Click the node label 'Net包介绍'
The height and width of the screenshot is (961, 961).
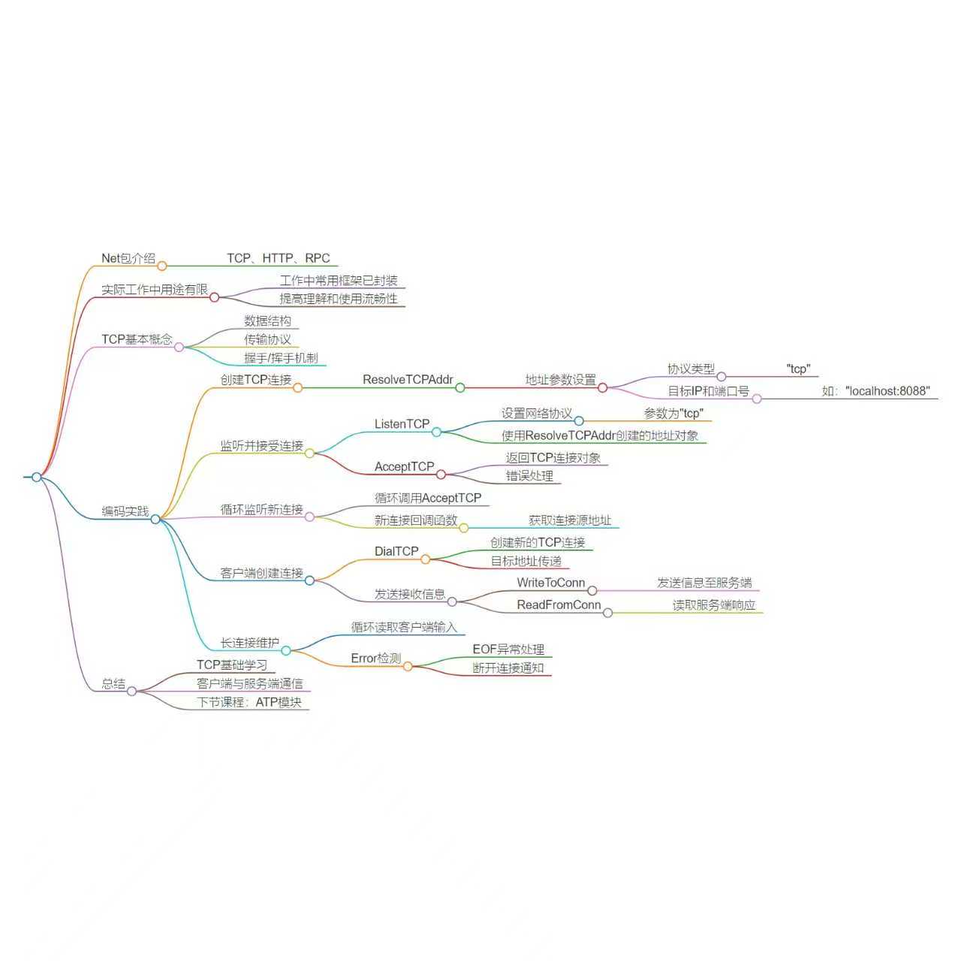pyautogui.click(x=128, y=258)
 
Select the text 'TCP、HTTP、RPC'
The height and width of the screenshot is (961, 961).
pyautogui.click(x=279, y=258)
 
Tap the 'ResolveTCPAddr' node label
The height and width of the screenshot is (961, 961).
pyautogui.click(x=408, y=380)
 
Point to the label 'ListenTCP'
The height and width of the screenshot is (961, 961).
pyautogui.click(x=402, y=424)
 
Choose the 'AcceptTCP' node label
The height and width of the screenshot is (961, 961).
pyautogui.click(x=404, y=467)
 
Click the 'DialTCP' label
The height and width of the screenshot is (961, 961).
pyautogui.click(x=396, y=552)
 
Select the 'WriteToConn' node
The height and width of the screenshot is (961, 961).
pyautogui.click(x=550, y=583)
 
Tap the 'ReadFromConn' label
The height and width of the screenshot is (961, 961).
pyautogui.click(x=559, y=605)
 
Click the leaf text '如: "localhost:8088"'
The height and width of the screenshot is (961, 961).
pyautogui.click(x=875, y=391)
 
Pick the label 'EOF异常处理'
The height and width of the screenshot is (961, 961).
pyautogui.click(x=508, y=649)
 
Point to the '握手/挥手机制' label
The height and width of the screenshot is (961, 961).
pyautogui.click(x=281, y=358)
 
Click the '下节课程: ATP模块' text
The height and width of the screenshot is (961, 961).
pyautogui.click(x=249, y=703)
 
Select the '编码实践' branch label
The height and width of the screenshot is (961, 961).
pyautogui.click(x=125, y=512)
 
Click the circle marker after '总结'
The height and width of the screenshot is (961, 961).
pyautogui.click(x=131, y=691)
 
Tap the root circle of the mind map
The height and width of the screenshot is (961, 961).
pyautogui.click(x=36, y=477)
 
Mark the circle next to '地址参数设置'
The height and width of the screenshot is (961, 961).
pyautogui.click(x=602, y=388)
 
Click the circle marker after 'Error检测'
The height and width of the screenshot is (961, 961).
pyautogui.click(x=408, y=666)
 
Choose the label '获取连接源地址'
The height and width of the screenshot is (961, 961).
pyautogui.click(x=570, y=520)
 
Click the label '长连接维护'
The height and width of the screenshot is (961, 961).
pyautogui.click(x=249, y=643)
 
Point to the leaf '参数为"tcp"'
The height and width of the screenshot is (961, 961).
pyautogui.click(x=673, y=414)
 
